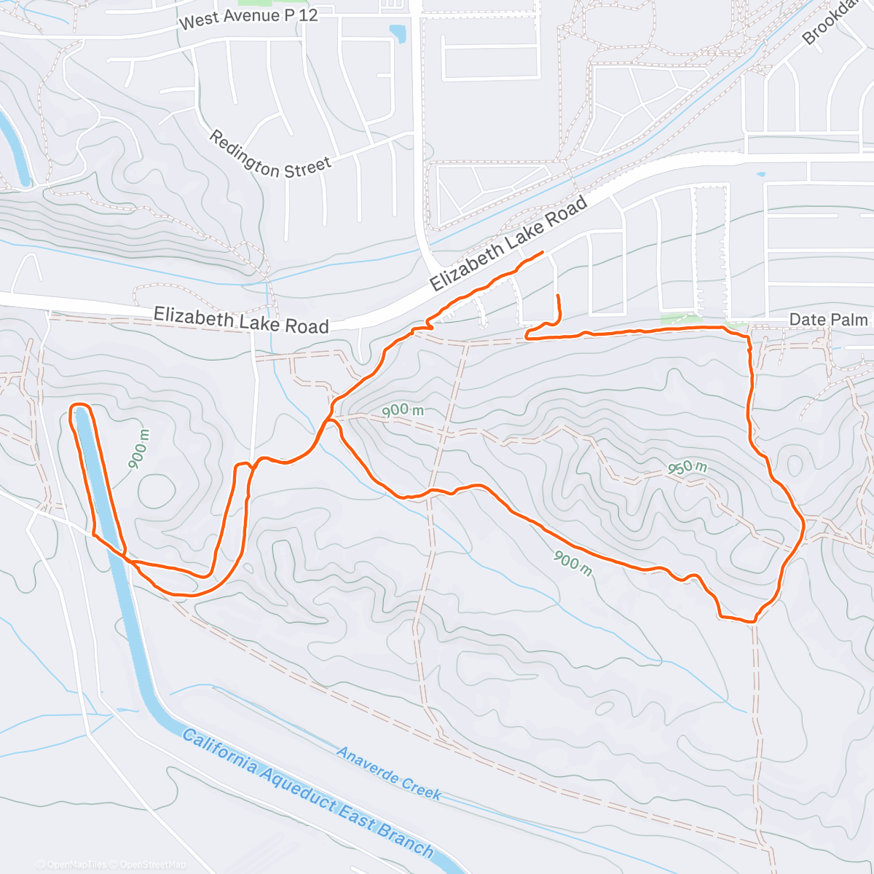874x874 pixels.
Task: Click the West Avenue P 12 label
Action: click(x=248, y=18)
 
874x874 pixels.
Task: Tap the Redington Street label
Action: click(x=270, y=154)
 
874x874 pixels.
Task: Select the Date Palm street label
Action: click(x=828, y=320)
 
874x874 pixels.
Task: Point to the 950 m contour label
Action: click(x=688, y=468)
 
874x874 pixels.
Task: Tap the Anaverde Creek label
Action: click(x=389, y=773)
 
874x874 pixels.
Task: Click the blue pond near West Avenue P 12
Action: click(x=398, y=34)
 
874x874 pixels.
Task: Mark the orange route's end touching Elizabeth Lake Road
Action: click(x=542, y=252)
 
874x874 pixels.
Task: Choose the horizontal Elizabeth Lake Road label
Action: click(x=241, y=320)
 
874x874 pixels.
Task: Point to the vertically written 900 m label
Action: click(x=141, y=449)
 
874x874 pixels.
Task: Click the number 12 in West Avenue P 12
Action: click(x=307, y=15)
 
